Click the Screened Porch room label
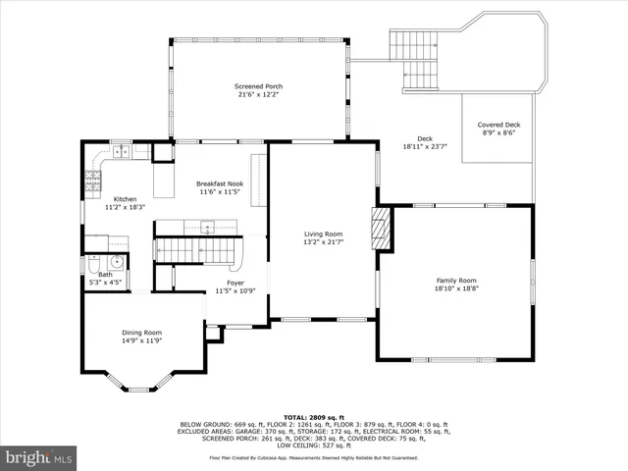[x=260, y=85]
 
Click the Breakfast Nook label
[x=220, y=183]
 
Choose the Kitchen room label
[x=125, y=198]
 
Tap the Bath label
[x=105, y=275]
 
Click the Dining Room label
[x=140, y=332]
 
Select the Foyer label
[x=235, y=283]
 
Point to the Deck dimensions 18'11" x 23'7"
[x=425, y=146]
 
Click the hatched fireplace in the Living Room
[x=381, y=230]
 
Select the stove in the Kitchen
[x=93, y=180]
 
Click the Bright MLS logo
[x=39, y=457]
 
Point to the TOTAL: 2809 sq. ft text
[x=314, y=417]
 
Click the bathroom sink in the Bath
[x=115, y=261]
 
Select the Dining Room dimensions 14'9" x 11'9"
[x=140, y=340]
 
